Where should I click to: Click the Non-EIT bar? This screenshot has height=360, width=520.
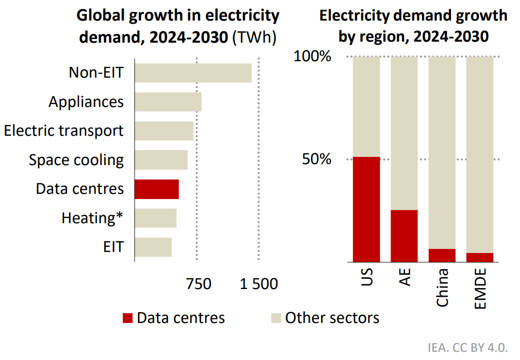pyautogui.click(x=193, y=73)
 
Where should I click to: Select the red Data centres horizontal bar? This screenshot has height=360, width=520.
pyautogui.click(x=156, y=189)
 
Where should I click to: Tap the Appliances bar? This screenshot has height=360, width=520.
pyautogui.click(x=168, y=102)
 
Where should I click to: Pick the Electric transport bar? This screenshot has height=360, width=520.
pyautogui.click(x=164, y=131)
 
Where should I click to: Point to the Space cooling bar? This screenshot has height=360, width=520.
pyautogui.click(x=161, y=160)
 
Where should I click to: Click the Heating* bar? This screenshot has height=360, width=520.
pyautogui.click(x=155, y=218)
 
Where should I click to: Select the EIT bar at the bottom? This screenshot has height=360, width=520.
pyautogui.click(x=153, y=247)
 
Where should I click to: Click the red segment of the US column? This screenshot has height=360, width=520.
pyautogui.click(x=366, y=209)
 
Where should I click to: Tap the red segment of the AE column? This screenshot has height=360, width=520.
pyautogui.click(x=404, y=236)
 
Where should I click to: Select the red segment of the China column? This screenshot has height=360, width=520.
pyautogui.click(x=442, y=255)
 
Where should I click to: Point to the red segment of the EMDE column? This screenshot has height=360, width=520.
pyautogui.click(x=479, y=257)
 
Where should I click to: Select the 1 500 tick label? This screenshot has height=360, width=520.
pyautogui.click(x=258, y=284)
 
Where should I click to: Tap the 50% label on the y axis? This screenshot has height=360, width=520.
pyautogui.click(x=317, y=159)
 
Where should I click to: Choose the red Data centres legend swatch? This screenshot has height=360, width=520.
pyautogui.click(x=127, y=318)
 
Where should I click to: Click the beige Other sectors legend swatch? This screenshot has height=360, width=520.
pyautogui.click(x=275, y=318)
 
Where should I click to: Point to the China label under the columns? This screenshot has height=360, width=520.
pyautogui.click(x=442, y=287)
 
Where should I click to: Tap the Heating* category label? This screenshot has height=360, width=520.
pyautogui.click(x=92, y=218)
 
